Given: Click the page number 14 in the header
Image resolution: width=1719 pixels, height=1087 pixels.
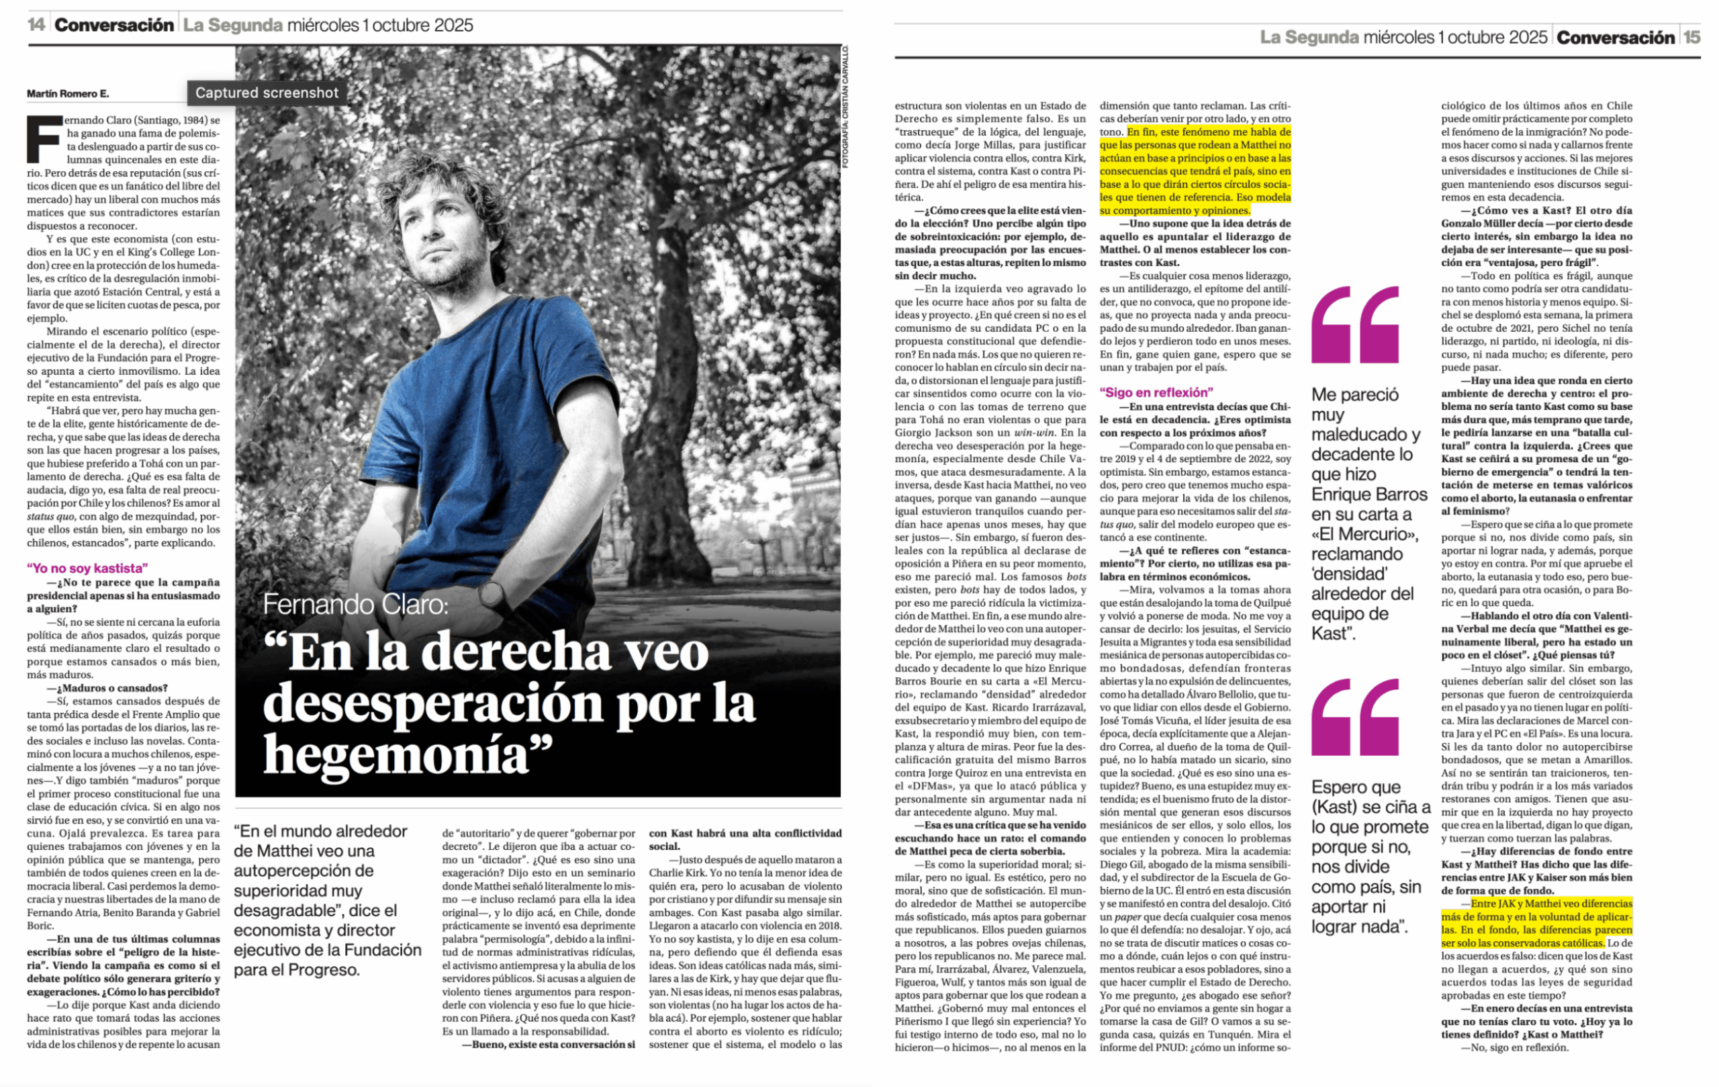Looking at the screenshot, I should coord(36,25).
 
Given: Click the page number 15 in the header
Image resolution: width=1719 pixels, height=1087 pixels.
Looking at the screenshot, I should coord(1692,37).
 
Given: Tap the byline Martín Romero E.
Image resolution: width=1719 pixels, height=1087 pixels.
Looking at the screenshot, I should coord(68,93).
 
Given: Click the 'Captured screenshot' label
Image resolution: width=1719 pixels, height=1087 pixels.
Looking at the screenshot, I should coord(267,93).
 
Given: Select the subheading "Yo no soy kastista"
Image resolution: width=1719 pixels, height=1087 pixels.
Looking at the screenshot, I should coord(87,568).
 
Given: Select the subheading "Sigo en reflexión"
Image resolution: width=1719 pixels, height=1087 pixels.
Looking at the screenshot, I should coord(1156,392).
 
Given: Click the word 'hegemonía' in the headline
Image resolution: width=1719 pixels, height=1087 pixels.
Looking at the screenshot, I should coord(407,754).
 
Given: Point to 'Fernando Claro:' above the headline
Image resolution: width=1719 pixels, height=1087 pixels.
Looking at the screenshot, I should coord(355,604).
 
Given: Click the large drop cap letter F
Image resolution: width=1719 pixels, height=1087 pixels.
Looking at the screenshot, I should coord(44,138).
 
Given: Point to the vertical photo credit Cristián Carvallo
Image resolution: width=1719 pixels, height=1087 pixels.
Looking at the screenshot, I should coord(845,107).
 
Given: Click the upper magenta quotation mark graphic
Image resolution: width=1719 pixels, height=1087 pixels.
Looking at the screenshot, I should coord(1355,325).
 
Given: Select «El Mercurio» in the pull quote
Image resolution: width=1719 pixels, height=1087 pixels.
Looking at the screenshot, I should coord(1364,534).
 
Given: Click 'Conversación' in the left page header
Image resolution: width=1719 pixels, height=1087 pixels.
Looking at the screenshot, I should coord(113,25).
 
